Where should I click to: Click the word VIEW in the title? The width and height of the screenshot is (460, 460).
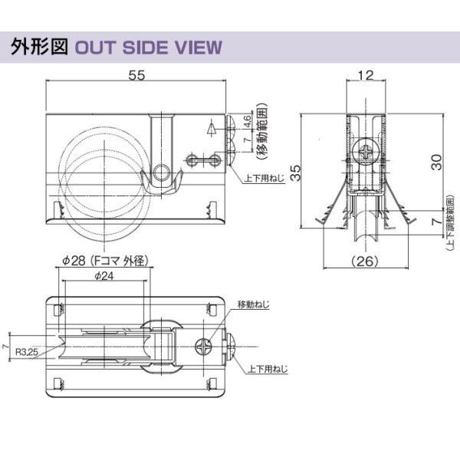197,48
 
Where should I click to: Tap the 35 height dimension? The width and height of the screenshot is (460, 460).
307,171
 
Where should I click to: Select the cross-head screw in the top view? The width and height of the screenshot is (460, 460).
205,347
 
